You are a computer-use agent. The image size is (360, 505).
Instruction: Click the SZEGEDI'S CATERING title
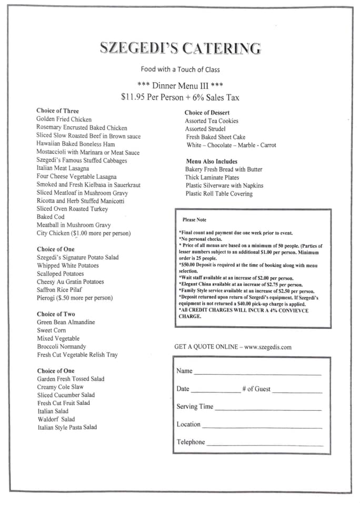pyautogui.click(x=180, y=48)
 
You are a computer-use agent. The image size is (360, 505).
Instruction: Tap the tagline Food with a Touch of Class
pyautogui.click(x=180, y=69)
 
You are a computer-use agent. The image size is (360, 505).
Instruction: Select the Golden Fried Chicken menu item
pyautogui.click(x=64, y=119)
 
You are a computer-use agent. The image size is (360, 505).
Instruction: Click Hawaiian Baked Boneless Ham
pyautogui.click(x=75, y=144)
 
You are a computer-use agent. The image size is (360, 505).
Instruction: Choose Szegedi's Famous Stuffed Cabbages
pyautogui.click(x=82, y=160)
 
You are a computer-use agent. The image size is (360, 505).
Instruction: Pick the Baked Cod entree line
pyautogui.click(x=51, y=217)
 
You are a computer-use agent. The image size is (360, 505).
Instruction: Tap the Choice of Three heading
pyautogui.click(x=57, y=111)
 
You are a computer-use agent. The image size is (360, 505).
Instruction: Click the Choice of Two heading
pyautogui.click(x=56, y=314)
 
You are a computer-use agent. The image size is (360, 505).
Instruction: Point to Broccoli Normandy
pyautogui.click(x=62, y=347)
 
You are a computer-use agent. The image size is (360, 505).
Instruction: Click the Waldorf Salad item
pyautogui.click(x=56, y=419)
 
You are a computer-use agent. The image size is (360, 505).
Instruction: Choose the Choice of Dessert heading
pyautogui.click(x=207, y=113)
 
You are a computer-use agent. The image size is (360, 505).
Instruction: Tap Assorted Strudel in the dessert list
pyautogui.click(x=205, y=129)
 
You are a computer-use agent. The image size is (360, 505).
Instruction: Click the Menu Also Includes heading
pyautogui.click(x=212, y=161)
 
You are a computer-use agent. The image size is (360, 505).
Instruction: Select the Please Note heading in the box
pyautogui.click(x=194, y=220)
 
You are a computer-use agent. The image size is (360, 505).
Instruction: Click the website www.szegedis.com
pyautogui.click(x=267, y=347)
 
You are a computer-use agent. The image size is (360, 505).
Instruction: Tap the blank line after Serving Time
pyautogui.click(x=268, y=409)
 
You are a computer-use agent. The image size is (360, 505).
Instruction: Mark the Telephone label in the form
pyautogui.click(x=191, y=442)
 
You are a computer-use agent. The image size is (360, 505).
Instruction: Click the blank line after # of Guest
pyautogui.click(x=297, y=392)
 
